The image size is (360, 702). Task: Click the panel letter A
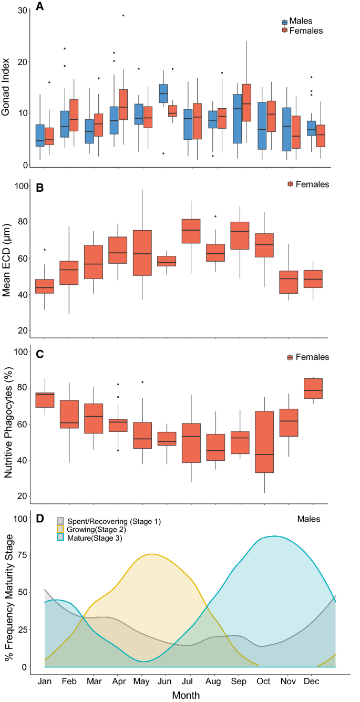tap(39, 7)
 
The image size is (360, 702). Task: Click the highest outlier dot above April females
tap(123, 16)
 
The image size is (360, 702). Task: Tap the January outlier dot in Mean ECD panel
tap(45, 250)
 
